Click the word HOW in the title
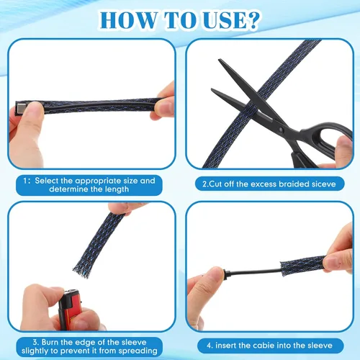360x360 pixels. pos(128,20)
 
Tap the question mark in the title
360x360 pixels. pos(252,19)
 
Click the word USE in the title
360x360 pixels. pos(225,20)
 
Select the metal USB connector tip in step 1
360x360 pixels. pos(20,108)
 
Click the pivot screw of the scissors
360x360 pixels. pos(281,130)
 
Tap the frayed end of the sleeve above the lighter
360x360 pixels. pos(81,271)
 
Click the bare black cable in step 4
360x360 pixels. pos(253,272)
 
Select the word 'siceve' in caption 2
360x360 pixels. pos(324,184)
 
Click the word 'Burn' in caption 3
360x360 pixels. pos(51,342)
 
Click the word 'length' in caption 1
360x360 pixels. pos(117,189)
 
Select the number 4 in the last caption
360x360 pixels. pos(209,346)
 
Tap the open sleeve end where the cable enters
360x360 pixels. pos(283,268)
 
